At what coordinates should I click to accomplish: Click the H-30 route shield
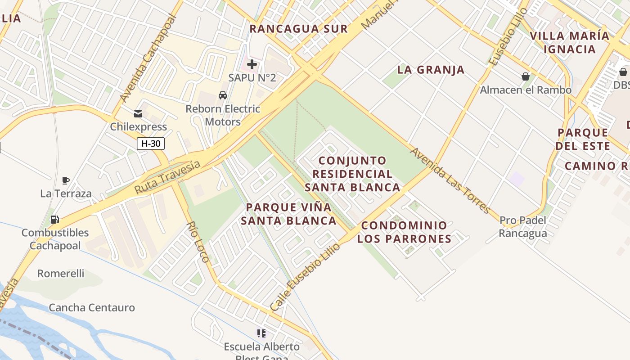coord(151,144)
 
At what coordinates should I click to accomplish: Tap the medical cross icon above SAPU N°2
coord(252,64)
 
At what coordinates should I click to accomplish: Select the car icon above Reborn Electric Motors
coord(223,95)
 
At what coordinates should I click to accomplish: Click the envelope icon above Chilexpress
coord(138,114)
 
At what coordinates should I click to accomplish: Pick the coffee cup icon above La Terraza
coord(66,181)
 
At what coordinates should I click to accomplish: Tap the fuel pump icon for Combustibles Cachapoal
coord(55,220)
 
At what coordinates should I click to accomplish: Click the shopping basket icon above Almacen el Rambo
coord(525,76)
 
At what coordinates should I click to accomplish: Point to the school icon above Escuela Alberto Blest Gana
coord(261,333)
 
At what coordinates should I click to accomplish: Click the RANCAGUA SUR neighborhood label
coord(299,29)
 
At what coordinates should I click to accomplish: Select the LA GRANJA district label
coord(431,70)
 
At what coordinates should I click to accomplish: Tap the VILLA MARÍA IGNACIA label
coord(569,42)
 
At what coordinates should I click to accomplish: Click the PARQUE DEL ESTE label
coord(582,139)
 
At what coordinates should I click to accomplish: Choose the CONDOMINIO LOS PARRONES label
coord(404,232)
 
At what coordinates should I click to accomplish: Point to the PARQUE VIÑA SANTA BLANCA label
coord(288,214)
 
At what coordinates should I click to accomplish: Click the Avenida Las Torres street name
coord(450,180)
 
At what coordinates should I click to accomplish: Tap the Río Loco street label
coord(198,242)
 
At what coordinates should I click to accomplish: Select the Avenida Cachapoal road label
coord(148,58)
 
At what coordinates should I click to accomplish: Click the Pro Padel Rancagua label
coord(523,227)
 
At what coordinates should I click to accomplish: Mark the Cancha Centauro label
coord(92,308)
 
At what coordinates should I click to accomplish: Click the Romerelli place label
coord(61,274)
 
